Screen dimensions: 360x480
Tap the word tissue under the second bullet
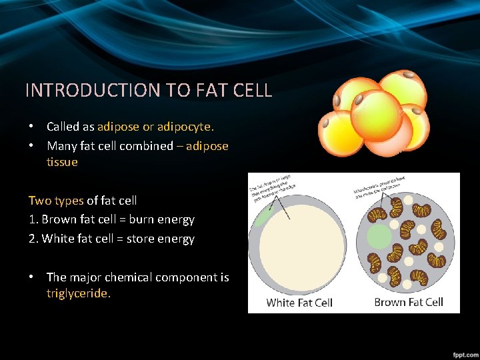click(62, 162)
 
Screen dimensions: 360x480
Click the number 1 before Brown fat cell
click(31, 219)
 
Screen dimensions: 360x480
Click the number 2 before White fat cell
click(32, 239)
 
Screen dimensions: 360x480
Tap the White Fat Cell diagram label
click(299, 303)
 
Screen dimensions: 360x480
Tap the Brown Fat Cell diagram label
click(409, 302)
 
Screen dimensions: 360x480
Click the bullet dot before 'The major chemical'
click(31, 277)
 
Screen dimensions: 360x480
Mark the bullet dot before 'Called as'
click(31, 127)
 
